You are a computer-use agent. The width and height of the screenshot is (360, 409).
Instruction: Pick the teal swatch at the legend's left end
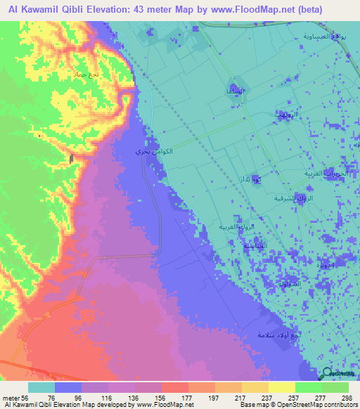(x=41, y=387)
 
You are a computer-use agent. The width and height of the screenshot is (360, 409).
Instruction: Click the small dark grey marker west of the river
(x=72, y=160)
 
